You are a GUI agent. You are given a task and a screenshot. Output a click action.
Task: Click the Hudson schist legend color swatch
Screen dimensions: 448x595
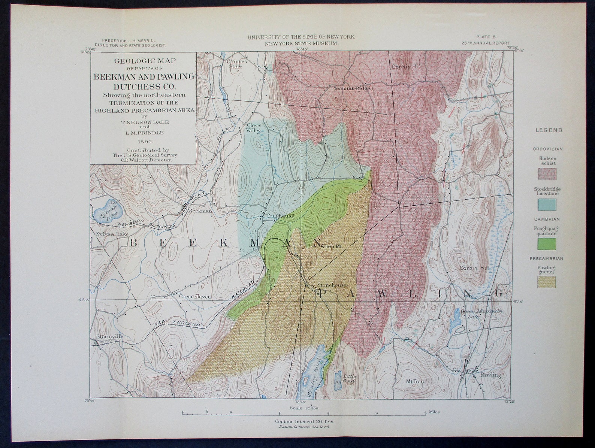[547, 174]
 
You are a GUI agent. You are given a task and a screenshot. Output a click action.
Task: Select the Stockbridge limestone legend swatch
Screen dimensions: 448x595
[547, 205]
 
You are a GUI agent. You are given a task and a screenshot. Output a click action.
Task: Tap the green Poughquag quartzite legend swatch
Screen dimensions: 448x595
[547, 244]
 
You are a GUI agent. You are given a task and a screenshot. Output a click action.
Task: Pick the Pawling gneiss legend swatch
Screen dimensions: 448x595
[547, 282]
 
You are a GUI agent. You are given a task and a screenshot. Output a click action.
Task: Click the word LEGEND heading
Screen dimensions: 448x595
[549, 130]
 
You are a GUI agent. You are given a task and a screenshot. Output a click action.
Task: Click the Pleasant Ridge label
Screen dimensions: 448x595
[351, 88]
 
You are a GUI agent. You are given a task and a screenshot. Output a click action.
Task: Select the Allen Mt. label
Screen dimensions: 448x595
[332, 246]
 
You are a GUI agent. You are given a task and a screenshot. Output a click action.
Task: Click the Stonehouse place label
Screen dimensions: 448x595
[332, 285]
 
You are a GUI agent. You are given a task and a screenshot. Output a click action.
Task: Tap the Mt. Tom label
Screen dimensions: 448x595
[415, 381]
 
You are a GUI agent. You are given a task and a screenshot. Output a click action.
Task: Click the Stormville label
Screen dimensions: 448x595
[109, 336]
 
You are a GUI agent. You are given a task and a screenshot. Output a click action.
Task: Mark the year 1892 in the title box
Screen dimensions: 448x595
[145, 142]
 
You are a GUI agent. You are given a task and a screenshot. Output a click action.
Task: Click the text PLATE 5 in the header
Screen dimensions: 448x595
[486, 37]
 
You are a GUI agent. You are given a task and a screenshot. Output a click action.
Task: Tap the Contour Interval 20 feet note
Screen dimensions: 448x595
[304, 421]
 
